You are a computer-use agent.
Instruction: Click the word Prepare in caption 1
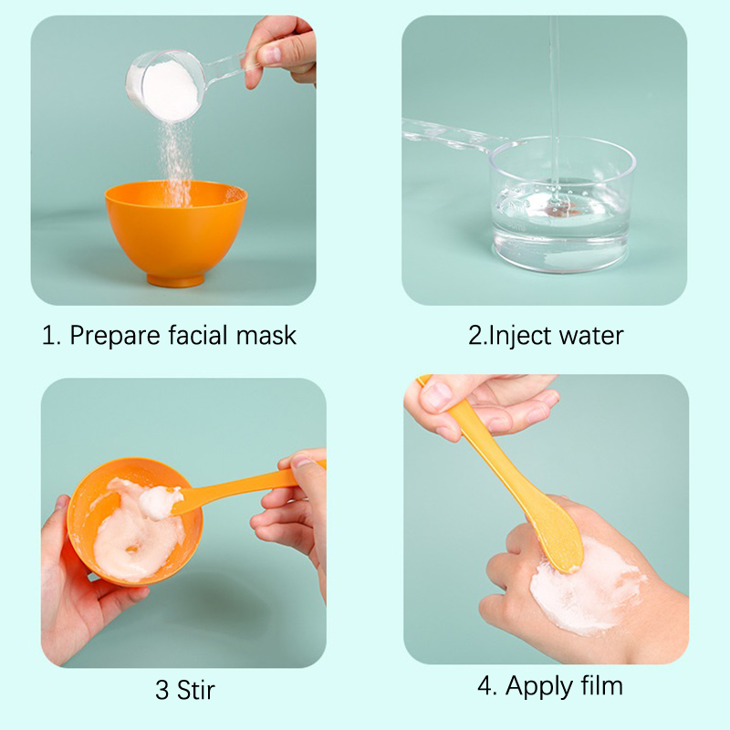[x=115, y=336]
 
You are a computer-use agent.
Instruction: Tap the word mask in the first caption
[x=266, y=335]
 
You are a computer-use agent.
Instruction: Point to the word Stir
[x=195, y=690]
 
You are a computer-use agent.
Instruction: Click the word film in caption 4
[x=601, y=685]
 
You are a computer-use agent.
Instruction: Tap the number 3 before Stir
[x=162, y=690]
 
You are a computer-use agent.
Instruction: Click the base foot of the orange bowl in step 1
[x=176, y=280]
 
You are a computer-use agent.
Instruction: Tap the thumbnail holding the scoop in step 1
[x=270, y=55]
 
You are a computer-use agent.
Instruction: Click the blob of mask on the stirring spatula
[x=158, y=503]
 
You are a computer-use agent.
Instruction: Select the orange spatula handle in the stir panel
[x=246, y=485]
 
